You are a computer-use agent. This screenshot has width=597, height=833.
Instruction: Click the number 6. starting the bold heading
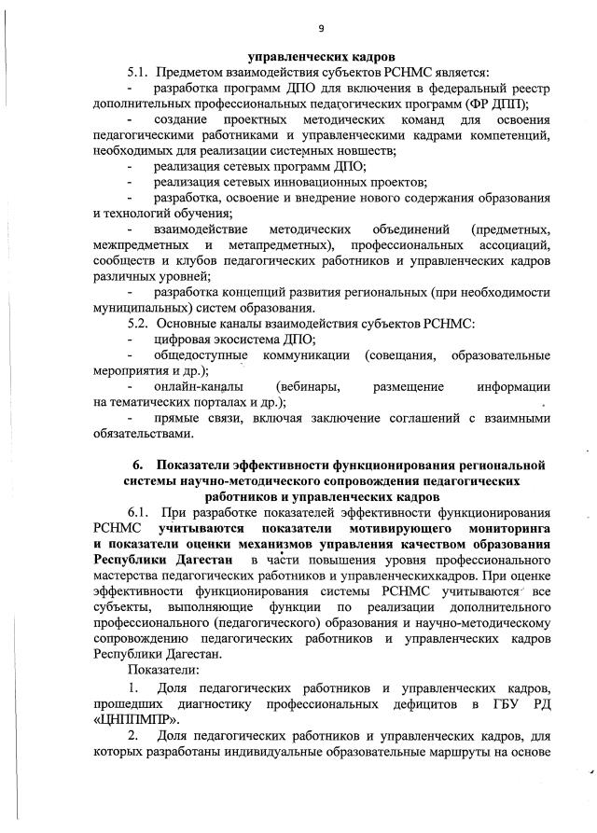(138, 465)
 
